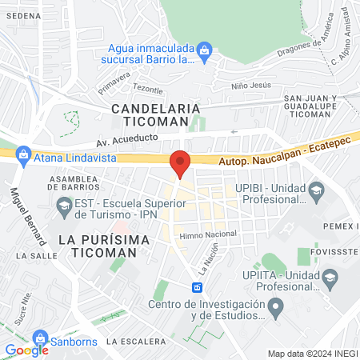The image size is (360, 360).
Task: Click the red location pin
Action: (x=181, y=163)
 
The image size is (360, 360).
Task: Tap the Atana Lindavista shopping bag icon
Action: (x=24, y=154)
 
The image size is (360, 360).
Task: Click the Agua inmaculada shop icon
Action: (x=205, y=50)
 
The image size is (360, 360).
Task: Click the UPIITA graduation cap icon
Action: (x=330, y=278)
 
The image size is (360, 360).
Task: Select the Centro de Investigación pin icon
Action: (x=276, y=305)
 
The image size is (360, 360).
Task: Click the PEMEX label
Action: (x=341, y=226)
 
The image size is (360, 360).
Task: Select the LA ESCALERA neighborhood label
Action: (x=134, y=342)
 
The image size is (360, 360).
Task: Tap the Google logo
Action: (x=26, y=350)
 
